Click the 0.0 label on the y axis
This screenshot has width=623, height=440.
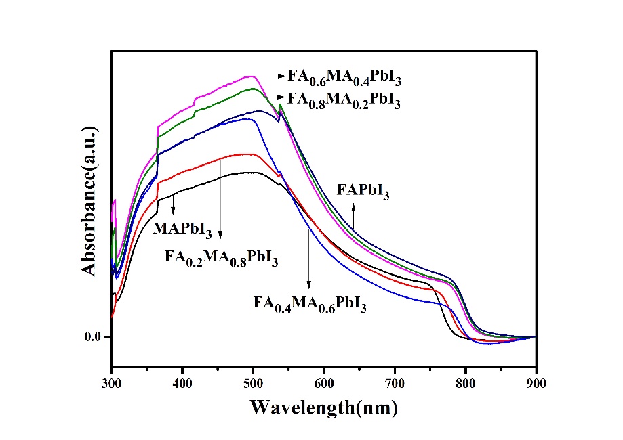coord(92,337)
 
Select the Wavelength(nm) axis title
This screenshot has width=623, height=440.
coord(323,408)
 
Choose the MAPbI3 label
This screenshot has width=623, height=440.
coord(182,228)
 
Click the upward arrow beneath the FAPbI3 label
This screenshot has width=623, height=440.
coord(353,217)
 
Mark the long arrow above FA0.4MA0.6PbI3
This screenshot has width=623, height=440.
coord(310,257)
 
